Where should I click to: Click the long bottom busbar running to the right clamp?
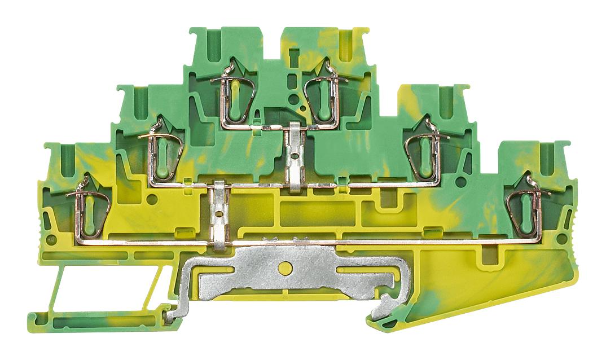coord(367,242)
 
